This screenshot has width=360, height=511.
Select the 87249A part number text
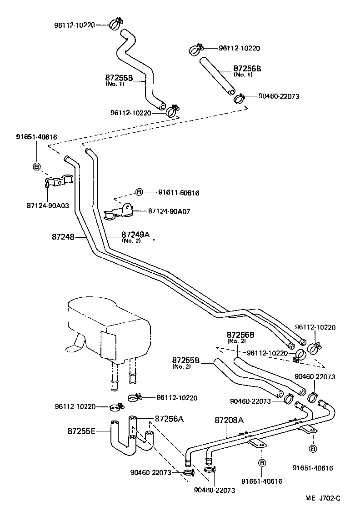pos(135,235)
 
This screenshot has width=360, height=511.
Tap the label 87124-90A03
pos(48,205)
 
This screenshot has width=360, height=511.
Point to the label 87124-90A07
pos(169,211)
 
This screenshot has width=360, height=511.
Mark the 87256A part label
pos(169,419)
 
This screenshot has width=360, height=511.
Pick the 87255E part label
pos(81,431)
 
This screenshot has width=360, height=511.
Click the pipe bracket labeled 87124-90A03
pos(59,182)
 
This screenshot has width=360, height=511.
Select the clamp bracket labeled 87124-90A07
pos(119,212)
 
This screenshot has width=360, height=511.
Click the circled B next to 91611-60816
pos(139,192)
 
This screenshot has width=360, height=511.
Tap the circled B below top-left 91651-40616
pos(37,167)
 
